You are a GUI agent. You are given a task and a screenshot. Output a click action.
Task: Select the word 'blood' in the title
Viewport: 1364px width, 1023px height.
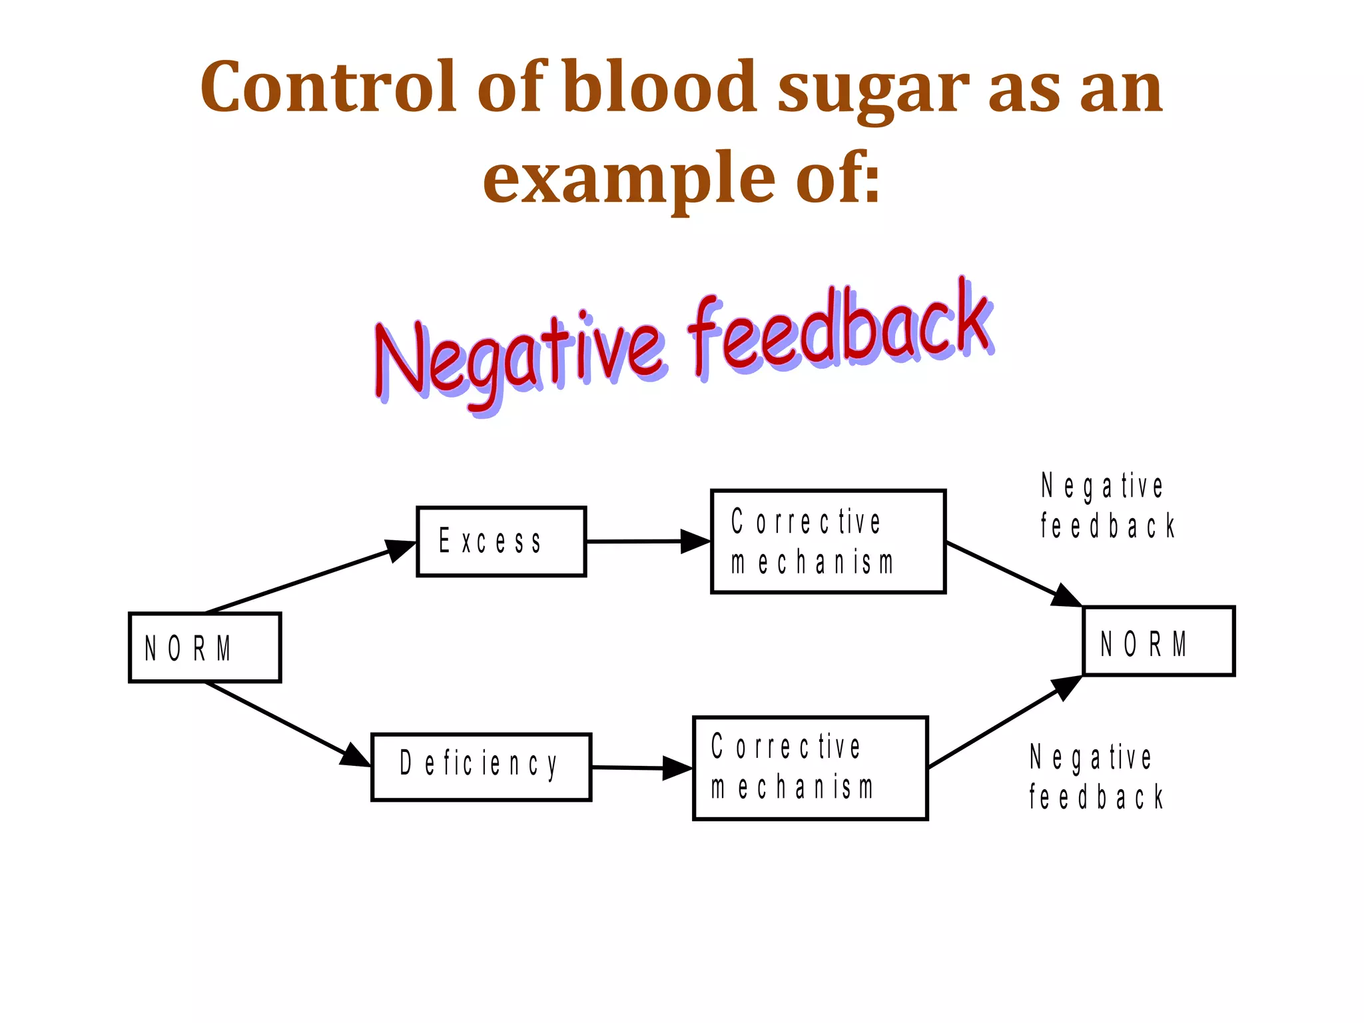click(x=659, y=87)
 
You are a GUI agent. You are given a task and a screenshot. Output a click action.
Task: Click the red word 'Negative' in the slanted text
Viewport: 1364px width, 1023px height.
click(x=519, y=356)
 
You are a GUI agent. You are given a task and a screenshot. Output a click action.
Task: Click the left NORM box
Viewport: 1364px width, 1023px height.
click(x=204, y=647)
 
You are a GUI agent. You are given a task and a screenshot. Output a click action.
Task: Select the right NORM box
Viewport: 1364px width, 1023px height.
click(x=1158, y=641)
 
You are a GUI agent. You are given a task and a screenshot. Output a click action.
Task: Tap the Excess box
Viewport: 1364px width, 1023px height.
click(x=501, y=541)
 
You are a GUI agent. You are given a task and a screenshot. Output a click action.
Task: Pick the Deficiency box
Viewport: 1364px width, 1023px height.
click(x=481, y=767)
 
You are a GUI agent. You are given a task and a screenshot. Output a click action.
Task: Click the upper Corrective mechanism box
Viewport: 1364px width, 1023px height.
click(x=828, y=541)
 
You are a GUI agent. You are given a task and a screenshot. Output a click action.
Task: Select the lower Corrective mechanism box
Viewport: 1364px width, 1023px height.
click(x=810, y=768)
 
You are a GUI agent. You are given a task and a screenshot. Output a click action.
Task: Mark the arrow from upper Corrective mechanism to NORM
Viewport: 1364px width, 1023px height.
click(x=1013, y=573)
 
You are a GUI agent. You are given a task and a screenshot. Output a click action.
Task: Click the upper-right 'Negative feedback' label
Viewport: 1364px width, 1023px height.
click(x=1107, y=506)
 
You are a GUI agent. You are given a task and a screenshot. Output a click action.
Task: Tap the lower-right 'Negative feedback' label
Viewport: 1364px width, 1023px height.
click(x=1096, y=777)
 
